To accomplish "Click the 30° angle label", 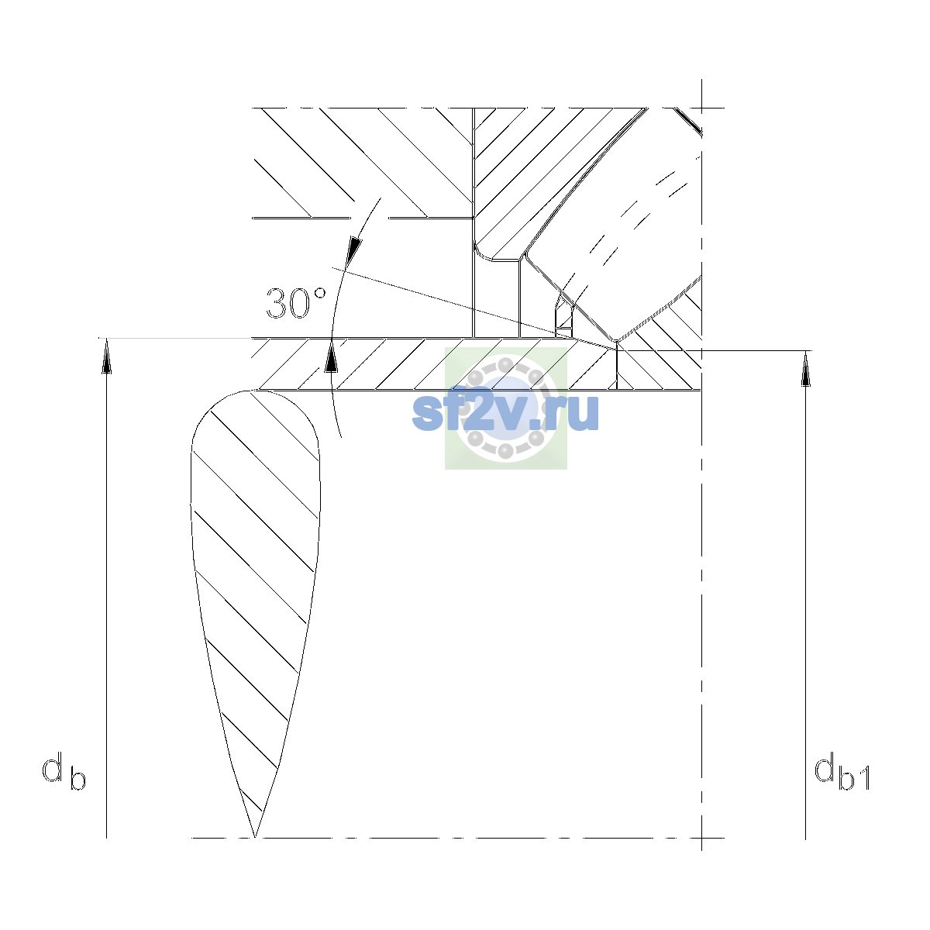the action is [x=296, y=304].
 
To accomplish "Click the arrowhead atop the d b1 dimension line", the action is [x=805, y=369].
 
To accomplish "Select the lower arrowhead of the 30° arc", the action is [x=331, y=356].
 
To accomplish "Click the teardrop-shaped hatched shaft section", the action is [x=255, y=579].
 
